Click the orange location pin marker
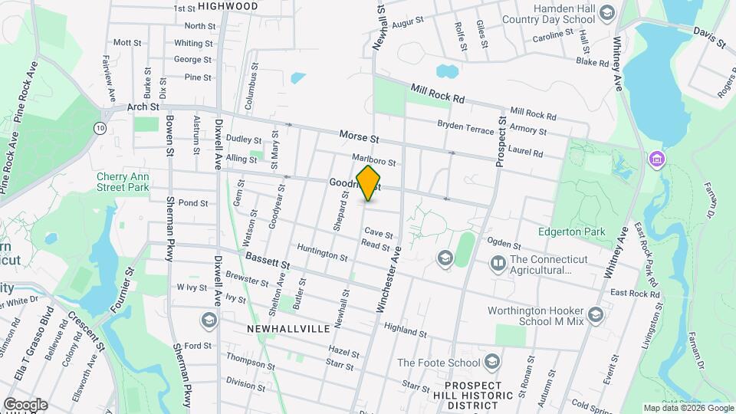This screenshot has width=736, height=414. coord(369,183)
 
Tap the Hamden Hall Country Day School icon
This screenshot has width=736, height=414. coord(607,12)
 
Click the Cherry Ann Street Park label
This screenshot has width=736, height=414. coord(123,181)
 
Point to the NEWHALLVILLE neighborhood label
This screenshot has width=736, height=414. coord(288,328)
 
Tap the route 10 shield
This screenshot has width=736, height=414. coord(100,128)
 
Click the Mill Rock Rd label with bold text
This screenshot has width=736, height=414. coord(438,94)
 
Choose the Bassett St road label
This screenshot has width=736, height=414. coord(263,262)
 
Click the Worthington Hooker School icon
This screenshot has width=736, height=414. coord(595,315)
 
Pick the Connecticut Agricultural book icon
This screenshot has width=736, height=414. coord(498,264)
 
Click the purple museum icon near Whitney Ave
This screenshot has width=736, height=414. coord(656,159)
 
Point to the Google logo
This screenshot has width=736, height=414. coord(25,404)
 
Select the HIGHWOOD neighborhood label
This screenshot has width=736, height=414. coord(228,6)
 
